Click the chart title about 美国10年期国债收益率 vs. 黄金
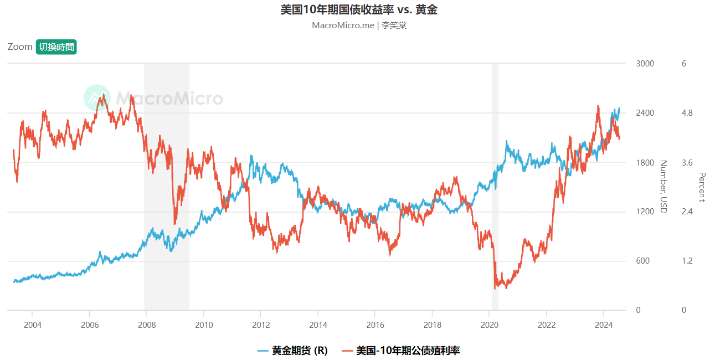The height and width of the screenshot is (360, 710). [x=359, y=9]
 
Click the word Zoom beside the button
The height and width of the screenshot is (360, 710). [x=20, y=47]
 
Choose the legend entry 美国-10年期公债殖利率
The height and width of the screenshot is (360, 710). [x=408, y=351]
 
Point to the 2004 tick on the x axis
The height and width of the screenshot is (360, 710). [x=32, y=324]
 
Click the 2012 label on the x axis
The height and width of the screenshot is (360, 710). [x=261, y=324]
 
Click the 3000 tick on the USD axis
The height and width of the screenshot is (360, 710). [x=645, y=64]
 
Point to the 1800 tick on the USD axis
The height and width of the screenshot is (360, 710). [x=645, y=162]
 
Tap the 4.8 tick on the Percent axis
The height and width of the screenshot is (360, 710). [x=687, y=113]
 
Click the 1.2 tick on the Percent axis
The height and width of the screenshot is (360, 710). [x=687, y=261]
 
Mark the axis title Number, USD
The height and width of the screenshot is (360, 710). [x=663, y=187]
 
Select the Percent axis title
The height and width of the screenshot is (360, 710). [x=702, y=187]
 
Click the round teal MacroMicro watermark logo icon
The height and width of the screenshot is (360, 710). [x=97, y=98]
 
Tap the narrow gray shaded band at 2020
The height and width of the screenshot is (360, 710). [x=495, y=187]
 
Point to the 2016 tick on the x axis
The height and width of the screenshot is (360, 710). [x=375, y=324]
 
